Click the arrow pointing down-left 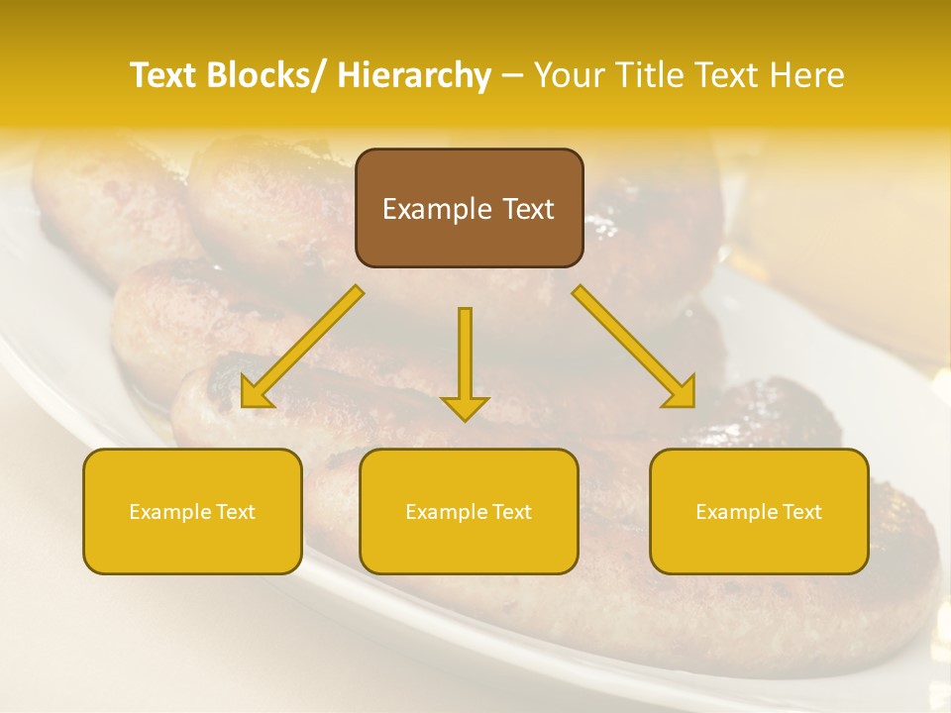pos(302,348)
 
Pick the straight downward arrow pos(465,362)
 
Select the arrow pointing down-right pos(634,348)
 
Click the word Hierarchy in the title pos(414,75)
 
